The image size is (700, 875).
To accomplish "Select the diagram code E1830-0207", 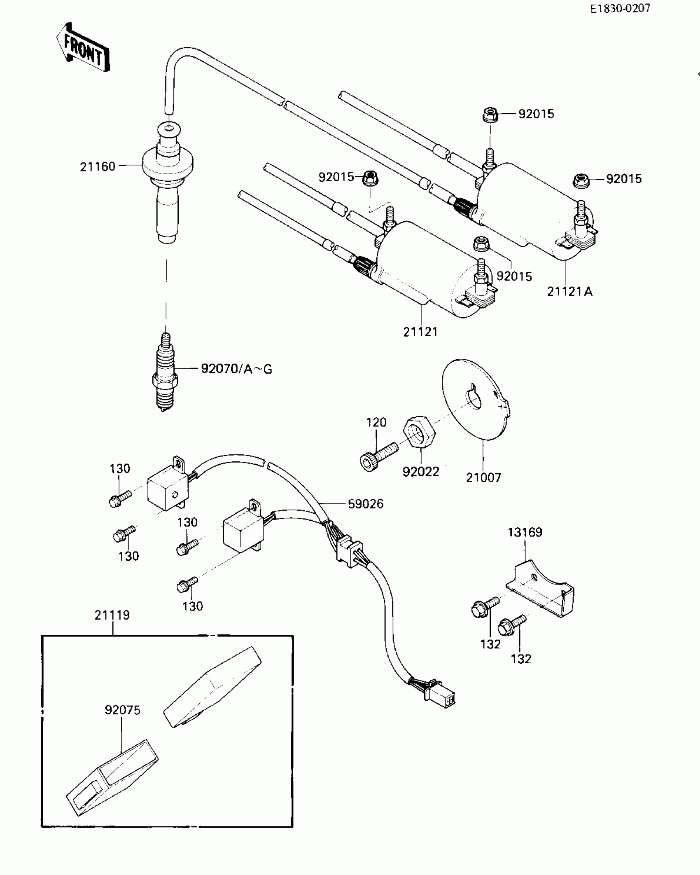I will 620,9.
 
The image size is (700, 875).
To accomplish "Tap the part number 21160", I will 98,167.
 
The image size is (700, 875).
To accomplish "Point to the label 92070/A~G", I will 236,369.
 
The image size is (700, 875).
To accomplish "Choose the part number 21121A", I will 569,292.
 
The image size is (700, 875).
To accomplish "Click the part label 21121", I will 420,332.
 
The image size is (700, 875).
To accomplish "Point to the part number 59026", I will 366,504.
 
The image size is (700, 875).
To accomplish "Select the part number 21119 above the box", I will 112,615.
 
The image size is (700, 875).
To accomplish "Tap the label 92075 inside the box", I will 122,710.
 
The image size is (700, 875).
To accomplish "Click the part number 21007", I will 483,478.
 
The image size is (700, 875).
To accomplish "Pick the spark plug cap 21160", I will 167,181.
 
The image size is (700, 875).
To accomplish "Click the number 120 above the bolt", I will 376,422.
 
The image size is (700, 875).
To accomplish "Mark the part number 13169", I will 525,532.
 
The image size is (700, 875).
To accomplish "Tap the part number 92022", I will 421,472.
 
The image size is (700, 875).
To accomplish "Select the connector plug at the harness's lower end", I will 441,697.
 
